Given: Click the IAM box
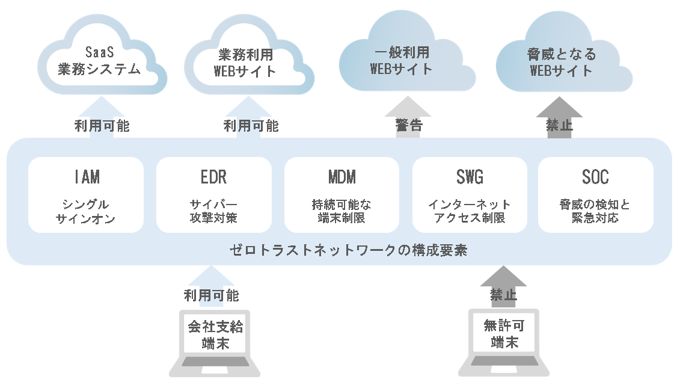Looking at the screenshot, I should coord(86,194).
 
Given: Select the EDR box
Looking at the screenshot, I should coord(213,194).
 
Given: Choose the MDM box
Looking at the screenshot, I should coord(342,194).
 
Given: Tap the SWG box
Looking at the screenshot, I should coord(470,194).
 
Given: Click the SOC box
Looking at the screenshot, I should coord(595,194).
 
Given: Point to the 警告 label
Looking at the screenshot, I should coord(409,125).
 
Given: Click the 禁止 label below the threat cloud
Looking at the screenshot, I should coord(559,125).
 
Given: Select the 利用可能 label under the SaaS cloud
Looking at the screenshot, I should coord(102,126).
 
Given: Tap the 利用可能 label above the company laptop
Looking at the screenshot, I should coord(212,295).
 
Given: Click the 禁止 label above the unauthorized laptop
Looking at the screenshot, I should coord(504,295).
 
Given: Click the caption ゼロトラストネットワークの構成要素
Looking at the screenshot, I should coord(349,250).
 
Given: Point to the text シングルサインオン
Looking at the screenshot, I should coord(85,212).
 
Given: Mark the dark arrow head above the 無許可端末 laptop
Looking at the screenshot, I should coord(504,277).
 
